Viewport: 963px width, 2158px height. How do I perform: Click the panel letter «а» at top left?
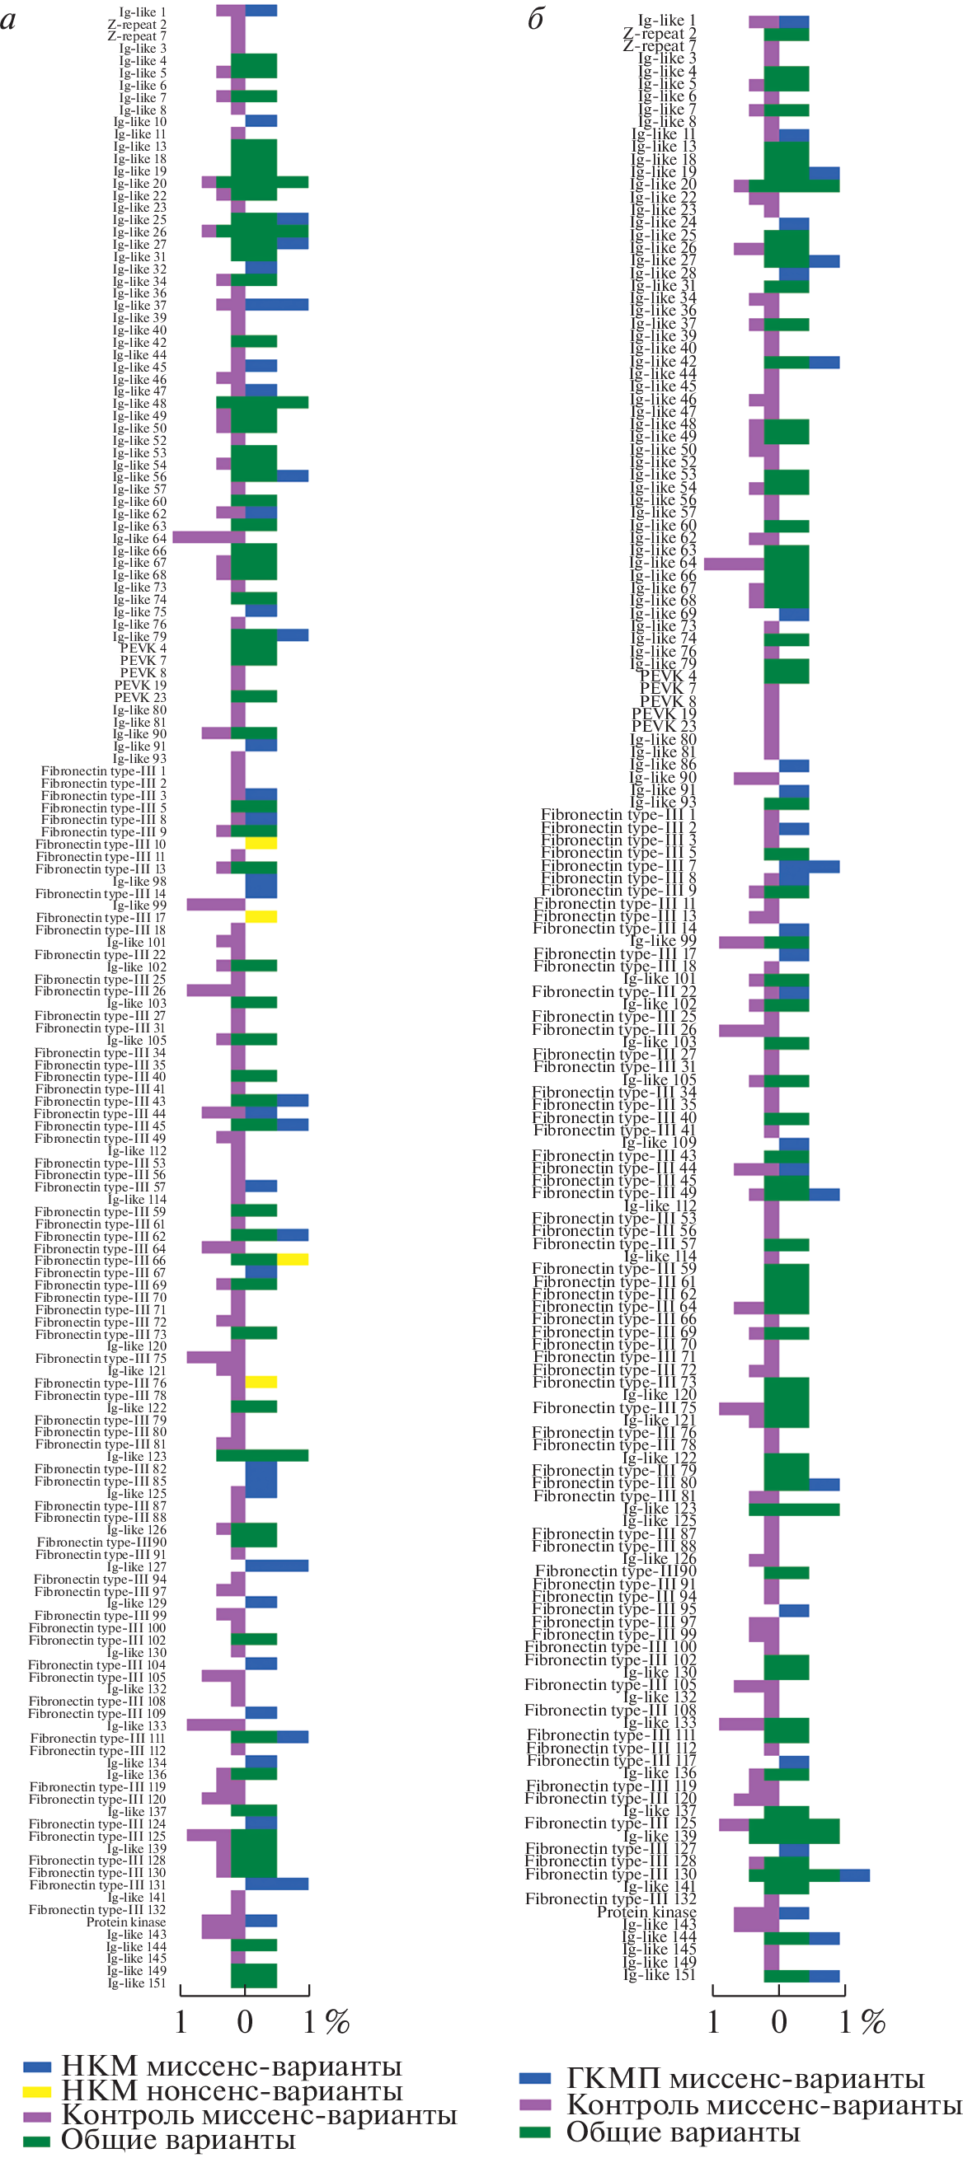[8, 19]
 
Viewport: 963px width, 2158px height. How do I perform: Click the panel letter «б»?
[536, 19]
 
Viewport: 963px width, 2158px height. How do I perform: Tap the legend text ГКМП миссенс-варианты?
[745, 2078]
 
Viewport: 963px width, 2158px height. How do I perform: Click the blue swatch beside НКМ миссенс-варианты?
[37, 2067]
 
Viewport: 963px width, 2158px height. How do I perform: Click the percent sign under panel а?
[337, 2022]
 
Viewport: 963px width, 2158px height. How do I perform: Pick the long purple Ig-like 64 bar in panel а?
[209, 537]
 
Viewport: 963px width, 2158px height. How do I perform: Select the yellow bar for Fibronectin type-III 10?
[261, 844]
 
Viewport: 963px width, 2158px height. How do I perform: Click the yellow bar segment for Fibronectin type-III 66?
[293, 1259]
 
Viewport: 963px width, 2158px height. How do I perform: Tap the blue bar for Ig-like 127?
[276, 1566]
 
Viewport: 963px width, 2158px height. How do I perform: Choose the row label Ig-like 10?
[140, 121]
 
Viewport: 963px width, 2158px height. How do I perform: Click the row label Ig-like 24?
[663, 222]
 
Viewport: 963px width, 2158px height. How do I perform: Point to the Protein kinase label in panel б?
[646, 1912]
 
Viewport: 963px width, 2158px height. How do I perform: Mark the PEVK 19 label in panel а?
[140, 685]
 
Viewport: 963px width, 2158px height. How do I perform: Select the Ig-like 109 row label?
[659, 1143]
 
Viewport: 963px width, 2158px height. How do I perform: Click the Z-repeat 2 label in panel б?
[659, 34]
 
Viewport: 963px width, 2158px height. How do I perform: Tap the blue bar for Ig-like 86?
[794, 765]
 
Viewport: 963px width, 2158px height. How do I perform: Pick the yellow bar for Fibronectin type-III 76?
[261, 1383]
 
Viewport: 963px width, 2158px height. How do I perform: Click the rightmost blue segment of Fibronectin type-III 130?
[854, 1875]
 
